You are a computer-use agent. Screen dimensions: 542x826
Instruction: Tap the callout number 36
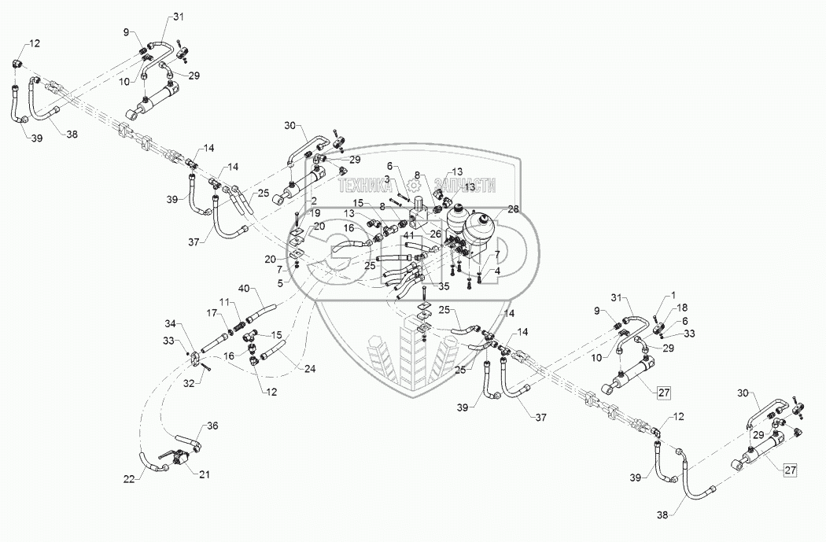(x=212, y=426)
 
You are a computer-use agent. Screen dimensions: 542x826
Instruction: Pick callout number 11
(x=223, y=303)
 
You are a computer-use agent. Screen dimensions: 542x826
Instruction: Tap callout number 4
(x=496, y=272)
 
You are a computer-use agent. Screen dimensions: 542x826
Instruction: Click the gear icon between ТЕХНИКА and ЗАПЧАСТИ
(x=414, y=188)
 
